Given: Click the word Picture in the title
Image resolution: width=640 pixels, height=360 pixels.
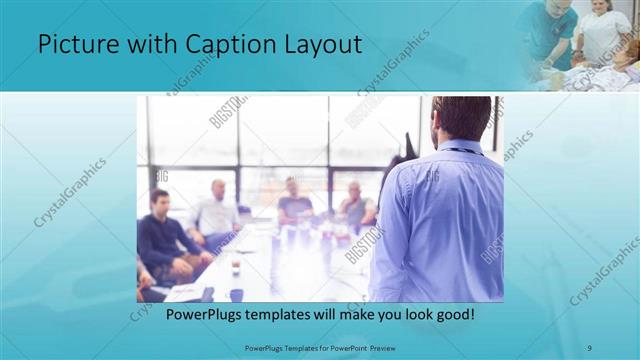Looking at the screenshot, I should (x=75, y=45).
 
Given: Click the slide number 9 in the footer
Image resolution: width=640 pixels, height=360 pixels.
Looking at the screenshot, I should (x=589, y=347).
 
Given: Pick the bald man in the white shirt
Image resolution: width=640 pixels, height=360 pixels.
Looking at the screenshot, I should (x=216, y=210).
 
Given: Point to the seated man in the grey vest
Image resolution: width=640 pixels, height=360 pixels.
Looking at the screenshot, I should (x=354, y=205).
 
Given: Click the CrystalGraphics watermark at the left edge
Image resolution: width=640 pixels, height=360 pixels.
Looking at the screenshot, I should (x=70, y=190).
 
